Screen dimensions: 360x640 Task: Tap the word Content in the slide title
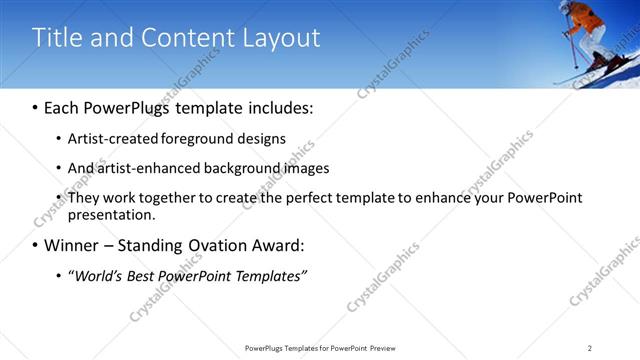click(184, 38)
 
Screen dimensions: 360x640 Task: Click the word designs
click(260, 138)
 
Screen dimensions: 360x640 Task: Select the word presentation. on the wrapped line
click(111, 214)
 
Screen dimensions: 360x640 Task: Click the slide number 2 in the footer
click(590, 347)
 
